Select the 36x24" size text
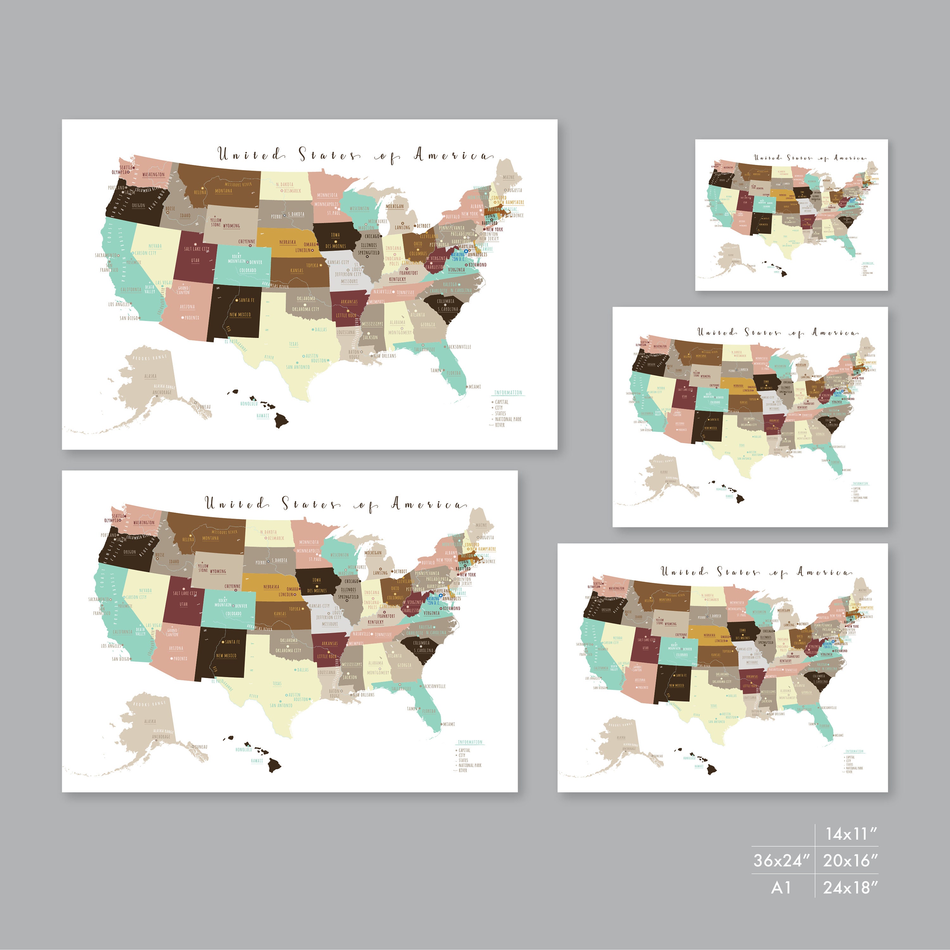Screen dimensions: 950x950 pos(781,860)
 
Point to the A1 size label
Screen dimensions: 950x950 pos(781,888)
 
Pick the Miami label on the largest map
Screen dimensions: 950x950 pos(475,386)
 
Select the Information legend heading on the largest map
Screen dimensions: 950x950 pos(508,392)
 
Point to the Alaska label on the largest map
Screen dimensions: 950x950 pos(150,376)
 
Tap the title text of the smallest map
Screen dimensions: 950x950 pos(810,158)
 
